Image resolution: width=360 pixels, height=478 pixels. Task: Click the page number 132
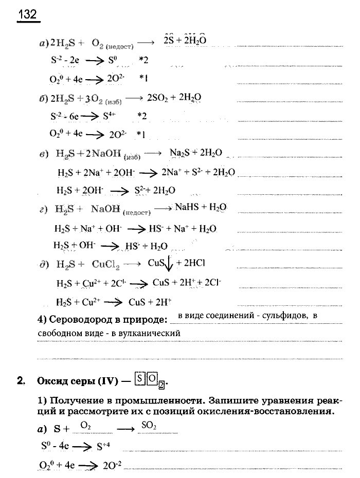click(27, 14)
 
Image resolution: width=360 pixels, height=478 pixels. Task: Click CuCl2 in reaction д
click(106, 265)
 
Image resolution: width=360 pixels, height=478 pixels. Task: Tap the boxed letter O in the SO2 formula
click(152, 381)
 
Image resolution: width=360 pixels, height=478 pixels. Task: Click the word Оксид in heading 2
click(52, 382)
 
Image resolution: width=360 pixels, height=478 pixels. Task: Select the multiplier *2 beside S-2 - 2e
click(143, 61)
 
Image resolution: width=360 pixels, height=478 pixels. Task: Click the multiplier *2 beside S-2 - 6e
click(142, 116)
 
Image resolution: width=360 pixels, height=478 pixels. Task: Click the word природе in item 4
click(148, 320)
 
